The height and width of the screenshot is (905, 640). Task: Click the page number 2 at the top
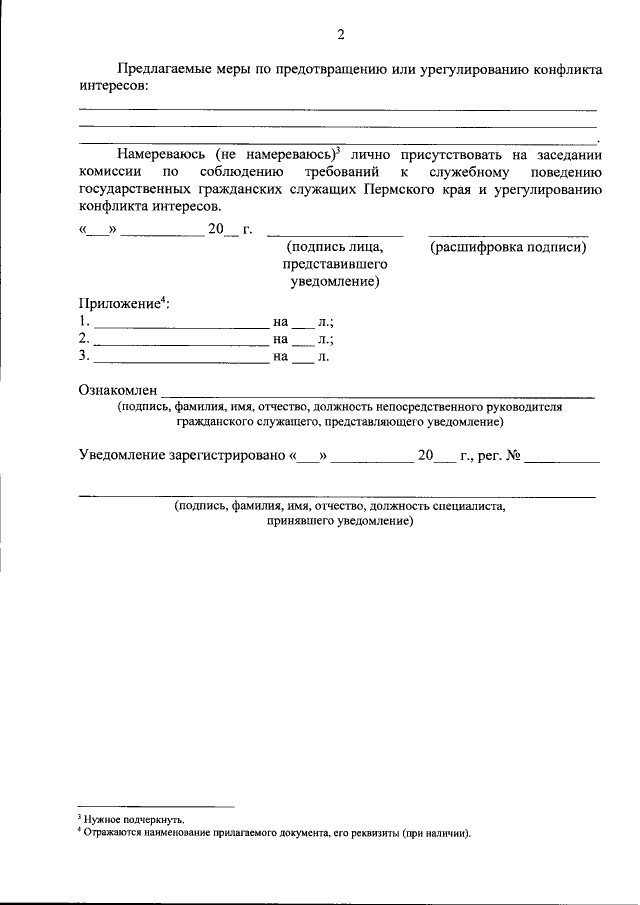tap(340, 36)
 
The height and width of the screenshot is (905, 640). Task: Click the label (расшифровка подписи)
tap(508, 247)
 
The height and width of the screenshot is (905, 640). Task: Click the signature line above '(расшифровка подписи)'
tap(508, 235)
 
